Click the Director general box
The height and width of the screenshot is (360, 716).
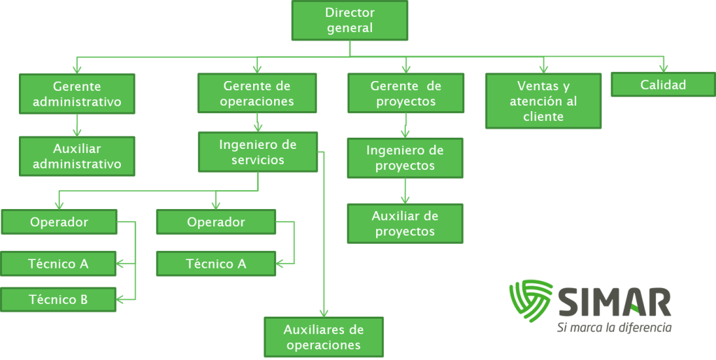[x=350, y=20]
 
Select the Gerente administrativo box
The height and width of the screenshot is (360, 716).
[x=77, y=94]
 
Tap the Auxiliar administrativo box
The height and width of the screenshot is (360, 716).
[x=77, y=156]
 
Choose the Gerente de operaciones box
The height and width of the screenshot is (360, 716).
[x=257, y=94]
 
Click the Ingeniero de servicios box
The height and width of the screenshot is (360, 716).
[x=257, y=152]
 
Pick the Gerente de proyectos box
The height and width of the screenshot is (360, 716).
[x=406, y=94]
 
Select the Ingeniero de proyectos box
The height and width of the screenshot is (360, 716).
[x=405, y=158]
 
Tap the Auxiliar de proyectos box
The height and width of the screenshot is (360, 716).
[x=405, y=223]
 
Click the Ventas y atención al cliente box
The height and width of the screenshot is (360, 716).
[x=543, y=101]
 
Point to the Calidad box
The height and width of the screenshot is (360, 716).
[x=663, y=85]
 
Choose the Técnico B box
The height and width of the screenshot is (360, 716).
[x=58, y=300]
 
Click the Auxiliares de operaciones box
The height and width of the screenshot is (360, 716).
[x=324, y=337]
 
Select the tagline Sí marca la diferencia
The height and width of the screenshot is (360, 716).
[x=615, y=327]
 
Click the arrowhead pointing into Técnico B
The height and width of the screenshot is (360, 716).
[x=120, y=300]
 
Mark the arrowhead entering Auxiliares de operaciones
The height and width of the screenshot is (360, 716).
[x=324, y=312]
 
